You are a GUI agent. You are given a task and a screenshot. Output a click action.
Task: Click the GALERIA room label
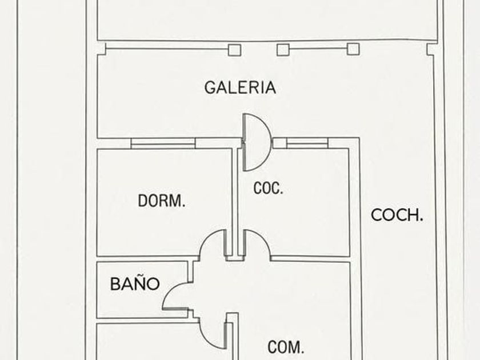[240, 87]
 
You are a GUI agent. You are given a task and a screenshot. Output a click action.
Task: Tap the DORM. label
[162, 201]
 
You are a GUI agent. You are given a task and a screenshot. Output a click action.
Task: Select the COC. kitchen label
[268, 189]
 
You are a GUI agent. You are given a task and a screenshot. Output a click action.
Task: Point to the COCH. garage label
[397, 215]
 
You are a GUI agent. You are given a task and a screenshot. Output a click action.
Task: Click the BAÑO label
[135, 284]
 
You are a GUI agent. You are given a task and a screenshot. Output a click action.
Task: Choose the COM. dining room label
[286, 347]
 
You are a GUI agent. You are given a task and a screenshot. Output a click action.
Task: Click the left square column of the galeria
[234, 50]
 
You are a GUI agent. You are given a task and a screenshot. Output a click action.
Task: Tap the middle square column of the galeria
[283, 50]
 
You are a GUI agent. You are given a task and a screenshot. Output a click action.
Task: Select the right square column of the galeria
[353, 49]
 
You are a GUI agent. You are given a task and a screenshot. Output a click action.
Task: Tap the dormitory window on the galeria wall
[163, 143]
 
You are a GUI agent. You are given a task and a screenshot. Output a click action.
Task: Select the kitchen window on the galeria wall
[307, 143]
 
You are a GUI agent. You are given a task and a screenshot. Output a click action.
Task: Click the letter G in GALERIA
[210, 87]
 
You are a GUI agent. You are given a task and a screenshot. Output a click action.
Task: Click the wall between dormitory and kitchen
[235, 200]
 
